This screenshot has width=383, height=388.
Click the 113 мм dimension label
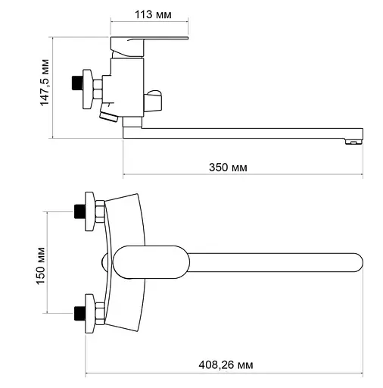pyautogui.click(x=153, y=14)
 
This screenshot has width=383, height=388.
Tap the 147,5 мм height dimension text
pyautogui.click(x=45, y=83)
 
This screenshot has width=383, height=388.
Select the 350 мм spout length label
pyautogui.click(x=228, y=167)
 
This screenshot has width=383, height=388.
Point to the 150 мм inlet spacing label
pyautogui.click(x=40, y=266)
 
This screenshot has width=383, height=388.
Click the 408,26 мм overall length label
pyautogui.click(x=226, y=365)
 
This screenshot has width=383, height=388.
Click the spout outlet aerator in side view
pyautogui.click(x=353, y=142)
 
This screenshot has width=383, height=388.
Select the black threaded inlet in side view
pyautogui.click(x=77, y=83)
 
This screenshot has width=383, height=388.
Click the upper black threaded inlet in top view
pyautogui.click(x=80, y=211)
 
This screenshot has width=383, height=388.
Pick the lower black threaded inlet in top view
pyautogui.click(x=80, y=313)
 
